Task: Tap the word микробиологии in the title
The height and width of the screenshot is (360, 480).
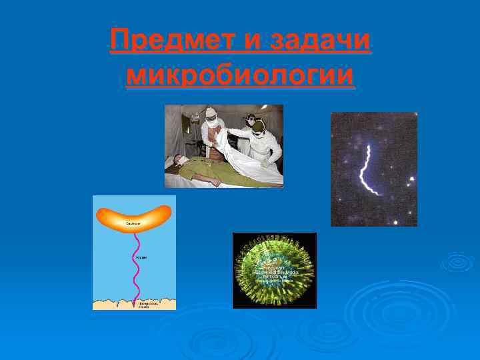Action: click(240, 75)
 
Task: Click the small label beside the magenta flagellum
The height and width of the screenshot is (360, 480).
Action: click(142, 257)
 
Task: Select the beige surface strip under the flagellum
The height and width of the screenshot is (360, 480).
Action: click(134, 303)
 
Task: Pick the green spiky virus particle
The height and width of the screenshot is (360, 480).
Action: click(274, 270)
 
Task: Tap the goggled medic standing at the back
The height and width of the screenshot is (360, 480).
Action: click(251, 121)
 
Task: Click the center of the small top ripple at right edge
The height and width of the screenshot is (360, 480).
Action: click(459, 261)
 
